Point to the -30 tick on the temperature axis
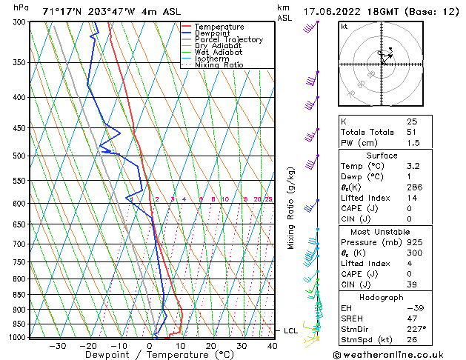coord(58,346)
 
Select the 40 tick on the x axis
coord(272,346)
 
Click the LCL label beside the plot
coord(290,330)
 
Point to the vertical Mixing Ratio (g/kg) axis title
coord(291,208)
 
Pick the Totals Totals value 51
coord(412,132)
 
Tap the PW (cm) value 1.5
coord(412,143)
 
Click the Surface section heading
coord(382,156)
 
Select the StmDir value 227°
coord(415,328)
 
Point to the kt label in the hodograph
coord(344,27)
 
